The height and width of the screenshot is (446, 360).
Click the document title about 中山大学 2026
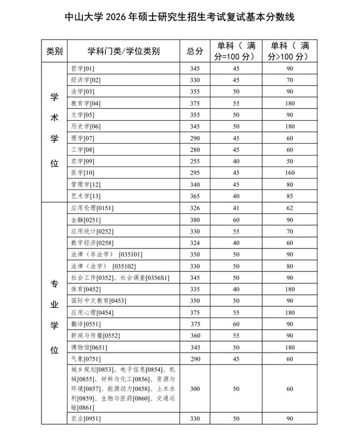(x=179, y=17)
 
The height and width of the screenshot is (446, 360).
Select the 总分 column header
(x=195, y=51)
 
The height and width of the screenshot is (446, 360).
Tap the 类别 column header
(x=55, y=51)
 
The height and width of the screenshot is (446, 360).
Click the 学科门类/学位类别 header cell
(x=124, y=51)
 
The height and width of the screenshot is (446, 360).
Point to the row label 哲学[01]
(x=82, y=69)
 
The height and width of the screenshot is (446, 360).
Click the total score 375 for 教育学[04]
(x=195, y=104)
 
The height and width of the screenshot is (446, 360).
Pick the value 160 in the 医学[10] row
(x=290, y=173)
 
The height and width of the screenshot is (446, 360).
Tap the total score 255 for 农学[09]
(x=195, y=161)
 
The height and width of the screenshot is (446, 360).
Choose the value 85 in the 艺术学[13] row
(x=290, y=196)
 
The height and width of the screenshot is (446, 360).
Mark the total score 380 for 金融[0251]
(x=195, y=220)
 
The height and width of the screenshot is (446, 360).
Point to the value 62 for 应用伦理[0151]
(x=290, y=208)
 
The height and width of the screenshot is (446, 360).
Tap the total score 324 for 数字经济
(x=195, y=243)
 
